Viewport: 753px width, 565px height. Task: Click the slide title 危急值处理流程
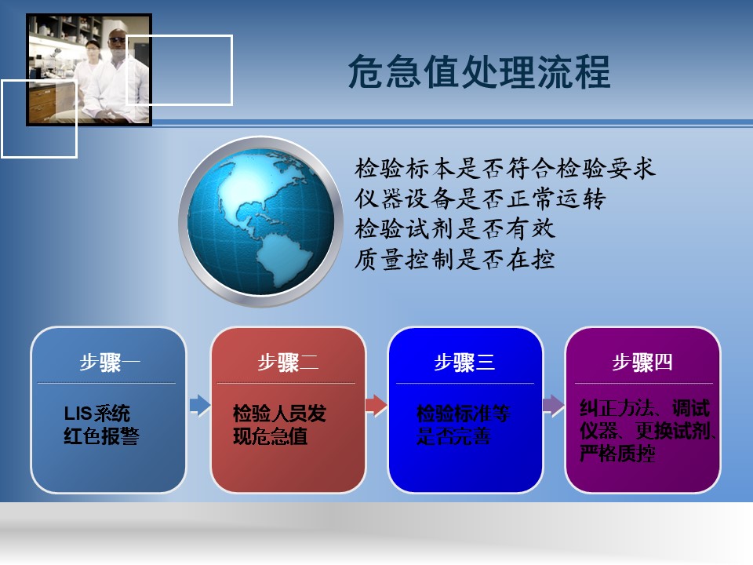coord(479,71)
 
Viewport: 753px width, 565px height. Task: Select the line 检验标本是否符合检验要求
coord(504,169)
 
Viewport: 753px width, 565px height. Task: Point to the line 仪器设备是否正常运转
coord(480,199)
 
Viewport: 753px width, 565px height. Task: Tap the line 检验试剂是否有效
coord(455,228)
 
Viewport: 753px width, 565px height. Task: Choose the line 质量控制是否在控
coord(455,260)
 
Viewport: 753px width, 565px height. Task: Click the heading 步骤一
coord(110,363)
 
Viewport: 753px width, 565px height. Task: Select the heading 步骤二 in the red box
coord(288,363)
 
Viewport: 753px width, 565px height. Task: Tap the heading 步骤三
coord(464,363)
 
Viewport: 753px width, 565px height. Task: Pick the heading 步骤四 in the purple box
coord(642,363)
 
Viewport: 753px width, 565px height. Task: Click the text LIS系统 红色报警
coord(101,425)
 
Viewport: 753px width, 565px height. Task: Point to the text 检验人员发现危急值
coord(279,425)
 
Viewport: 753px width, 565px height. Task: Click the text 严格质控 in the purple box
coord(617,453)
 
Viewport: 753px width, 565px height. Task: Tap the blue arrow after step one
coord(200,406)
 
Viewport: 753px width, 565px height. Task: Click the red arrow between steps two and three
coord(376,406)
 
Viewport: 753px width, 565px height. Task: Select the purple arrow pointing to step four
coord(553,406)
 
